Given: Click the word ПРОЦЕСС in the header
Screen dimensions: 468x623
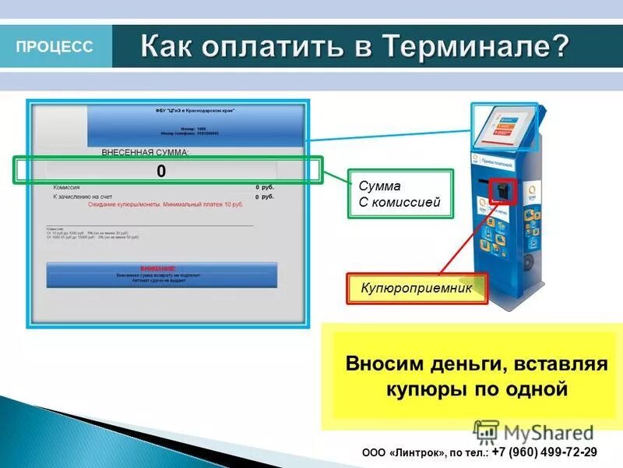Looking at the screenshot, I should coord(54,47).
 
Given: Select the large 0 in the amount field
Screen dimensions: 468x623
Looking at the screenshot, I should coord(161,172).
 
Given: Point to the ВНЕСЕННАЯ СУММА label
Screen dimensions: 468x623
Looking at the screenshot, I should coord(146,151).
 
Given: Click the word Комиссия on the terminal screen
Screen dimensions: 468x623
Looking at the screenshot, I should coord(66,188).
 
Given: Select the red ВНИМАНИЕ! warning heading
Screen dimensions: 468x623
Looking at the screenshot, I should coord(163,267).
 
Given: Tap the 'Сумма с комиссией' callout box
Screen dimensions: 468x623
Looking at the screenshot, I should coord(399,194).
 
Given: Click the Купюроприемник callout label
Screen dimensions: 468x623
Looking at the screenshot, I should coord(417,289).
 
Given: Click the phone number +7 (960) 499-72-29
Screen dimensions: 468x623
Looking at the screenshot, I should coord(545,452).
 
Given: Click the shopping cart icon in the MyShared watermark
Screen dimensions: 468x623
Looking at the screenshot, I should coord(487,431).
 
